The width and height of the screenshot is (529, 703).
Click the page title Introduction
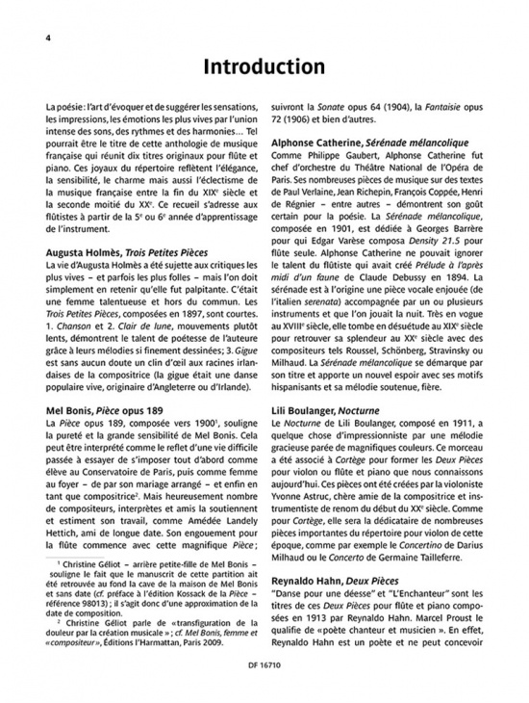264,68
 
